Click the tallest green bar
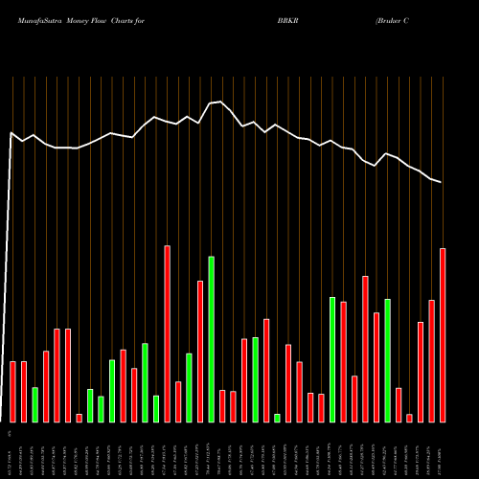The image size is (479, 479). pyautogui.click(x=212, y=339)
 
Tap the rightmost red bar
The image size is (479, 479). pyautogui.click(x=443, y=334)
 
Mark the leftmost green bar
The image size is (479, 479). pyautogui.click(x=35, y=404)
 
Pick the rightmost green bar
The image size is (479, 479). pyautogui.click(x=388, y=360)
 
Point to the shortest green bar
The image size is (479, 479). pyautogui.click(x=278, y=418)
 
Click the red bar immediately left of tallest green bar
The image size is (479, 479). pyautogui.click(x=200, y=351)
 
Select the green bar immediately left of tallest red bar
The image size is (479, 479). pyautogui.click(x=156, y=408)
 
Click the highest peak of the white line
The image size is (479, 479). pyautogui.click(x=221, y=102)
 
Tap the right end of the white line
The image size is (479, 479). pyautogui.click(x=442, y=182)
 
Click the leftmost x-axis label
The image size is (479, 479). pyautogui.click(x=11, y=450)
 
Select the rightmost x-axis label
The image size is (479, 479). pyautogui.click(x=444, y=450)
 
